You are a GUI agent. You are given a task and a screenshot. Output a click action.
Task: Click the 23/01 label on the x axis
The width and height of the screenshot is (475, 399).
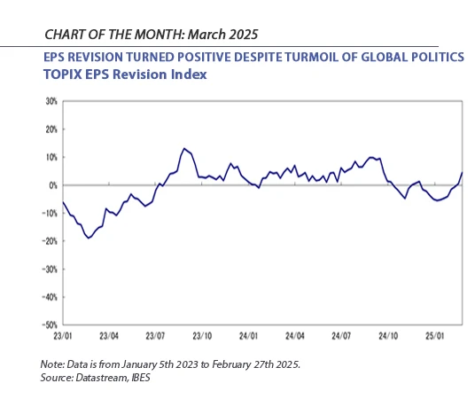[63, 336]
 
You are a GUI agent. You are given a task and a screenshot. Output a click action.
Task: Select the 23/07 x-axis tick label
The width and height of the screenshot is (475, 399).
[156, 336]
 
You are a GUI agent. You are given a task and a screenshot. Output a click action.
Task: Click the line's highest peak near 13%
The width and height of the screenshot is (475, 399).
[183, 148]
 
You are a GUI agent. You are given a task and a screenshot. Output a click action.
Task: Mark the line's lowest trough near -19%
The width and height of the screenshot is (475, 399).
[89, 239]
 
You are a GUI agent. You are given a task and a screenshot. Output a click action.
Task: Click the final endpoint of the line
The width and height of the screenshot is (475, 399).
[462, 173]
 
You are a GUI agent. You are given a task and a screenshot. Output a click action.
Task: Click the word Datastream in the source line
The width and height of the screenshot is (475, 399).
[103, 377]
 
